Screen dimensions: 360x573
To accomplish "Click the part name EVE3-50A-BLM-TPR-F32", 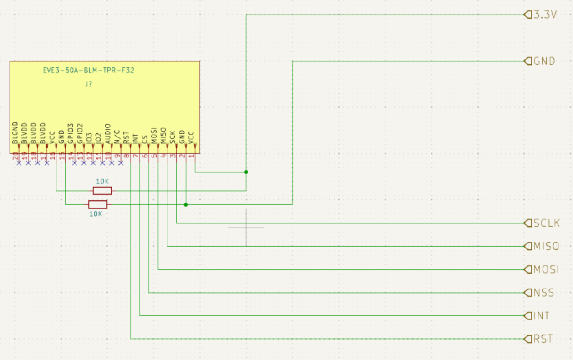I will tap(88, 71).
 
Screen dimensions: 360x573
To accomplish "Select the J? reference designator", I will tap(89, 84).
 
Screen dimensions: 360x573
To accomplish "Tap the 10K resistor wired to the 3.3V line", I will tap(102, 191).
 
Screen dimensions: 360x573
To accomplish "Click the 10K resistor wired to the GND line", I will tap(97, 204).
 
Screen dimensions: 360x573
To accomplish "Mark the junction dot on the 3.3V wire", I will tap(246, 172).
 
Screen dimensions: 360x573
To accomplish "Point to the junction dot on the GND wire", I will tap(186, 204).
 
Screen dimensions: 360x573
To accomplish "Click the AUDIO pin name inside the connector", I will tap(108, 134).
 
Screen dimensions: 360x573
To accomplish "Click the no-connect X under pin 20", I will tap(19, 162).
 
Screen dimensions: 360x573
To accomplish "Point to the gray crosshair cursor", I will tap(246, 227).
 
